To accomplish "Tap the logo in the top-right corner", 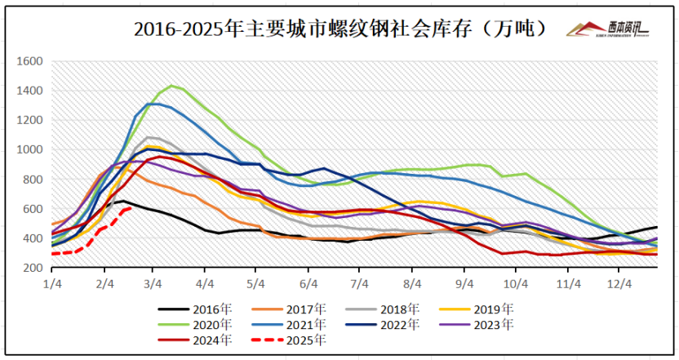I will [608, 29].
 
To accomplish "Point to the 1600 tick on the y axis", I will [30, 61].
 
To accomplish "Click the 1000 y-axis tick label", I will [30, 150].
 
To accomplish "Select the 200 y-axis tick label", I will [33, 269].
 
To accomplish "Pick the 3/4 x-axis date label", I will [153, 283].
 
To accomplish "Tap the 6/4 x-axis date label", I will [308, 283].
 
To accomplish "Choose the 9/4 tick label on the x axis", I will [464, 283].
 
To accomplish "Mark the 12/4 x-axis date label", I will [619, 283].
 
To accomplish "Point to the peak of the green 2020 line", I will [171, 86].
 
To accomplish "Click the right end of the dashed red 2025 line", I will [131, 208].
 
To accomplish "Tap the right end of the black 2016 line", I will [656, 227].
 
